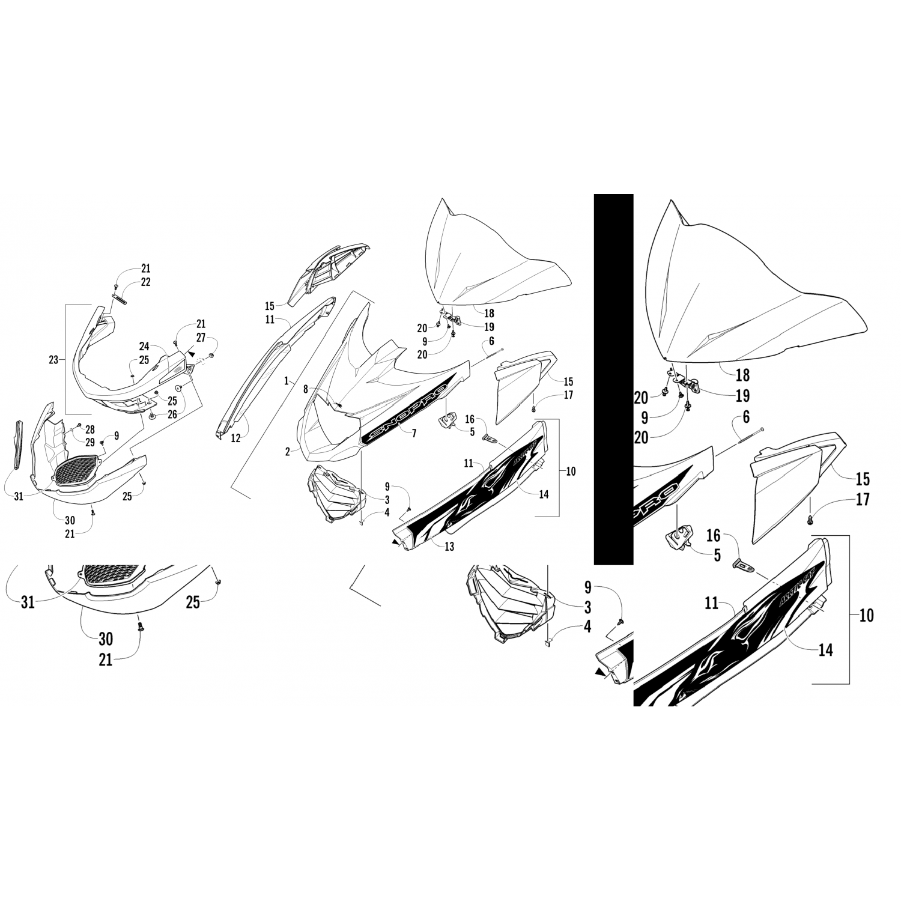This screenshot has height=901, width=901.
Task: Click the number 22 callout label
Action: pyautogui.click(x=146, y=282)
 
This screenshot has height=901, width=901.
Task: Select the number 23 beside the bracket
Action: pyautogui.click(x=53, y=360)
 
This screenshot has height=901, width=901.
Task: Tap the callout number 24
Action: pyautogui.click(x=144, y=346)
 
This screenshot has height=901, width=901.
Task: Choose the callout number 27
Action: pyautogui.click(x=201, y=338)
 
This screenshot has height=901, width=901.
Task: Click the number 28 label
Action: pyautogui.click(x=90, y=429)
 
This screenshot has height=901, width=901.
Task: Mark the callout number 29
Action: pyautogui.click(x=90, y=442)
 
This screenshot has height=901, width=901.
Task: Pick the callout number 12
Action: pyautogui.click(x=235, y=438)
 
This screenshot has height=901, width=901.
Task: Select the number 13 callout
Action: pyautogui.click(x=449, y=546)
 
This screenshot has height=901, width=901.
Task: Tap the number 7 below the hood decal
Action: pyautogui.click(x=414, y=432)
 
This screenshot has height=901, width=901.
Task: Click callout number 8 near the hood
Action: pyautogui.click(x=305, y=389)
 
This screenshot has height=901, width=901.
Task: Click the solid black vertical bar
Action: pyautogui.click(x=613, y=380)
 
